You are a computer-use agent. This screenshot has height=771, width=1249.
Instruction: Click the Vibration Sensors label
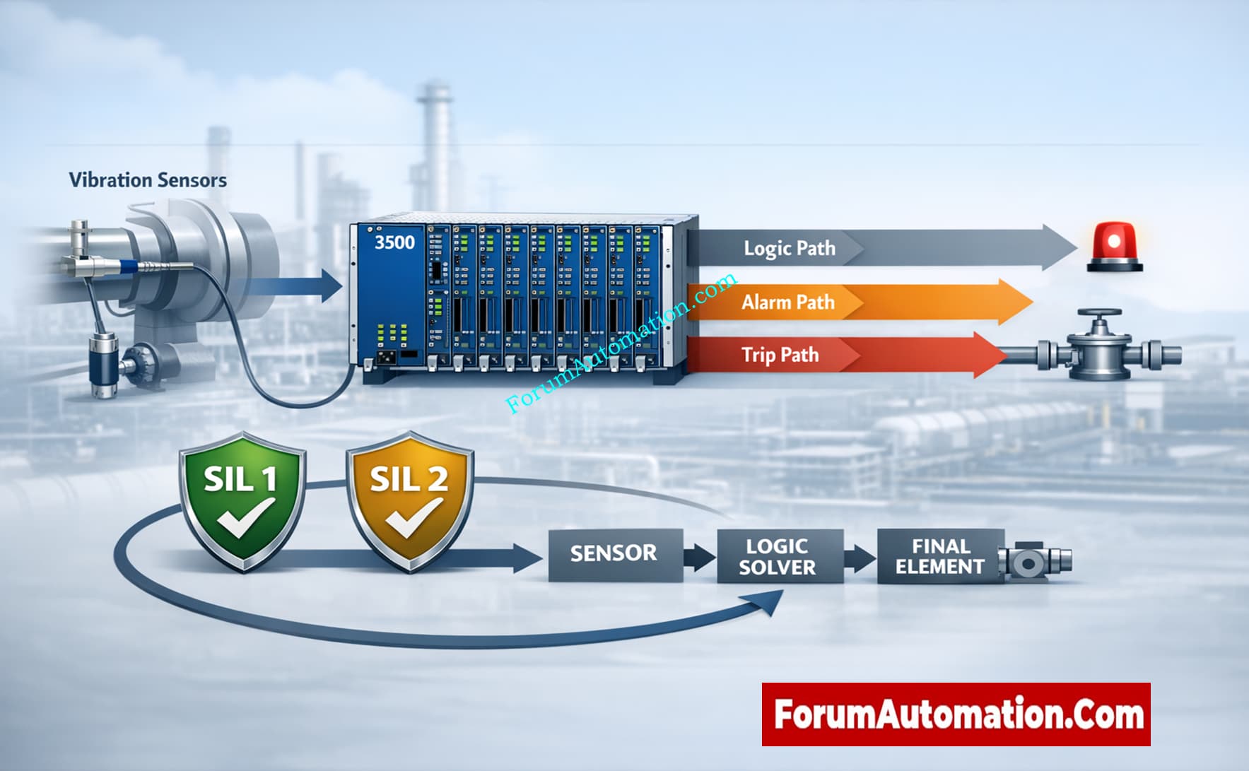pyautogui.click(x=148, y=180)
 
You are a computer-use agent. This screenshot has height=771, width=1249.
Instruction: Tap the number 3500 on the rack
pyautogui.click(x=394, y=242)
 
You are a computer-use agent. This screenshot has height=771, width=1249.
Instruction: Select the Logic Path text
pyautogui.click(x=789, y=249)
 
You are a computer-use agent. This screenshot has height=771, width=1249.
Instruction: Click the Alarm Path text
pyautogui.click(x=787, y=302)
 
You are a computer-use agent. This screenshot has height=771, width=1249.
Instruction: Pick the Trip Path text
pyautogui.click(x=780, y=355)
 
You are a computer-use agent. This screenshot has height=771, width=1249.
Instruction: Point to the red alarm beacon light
pyautogui.click(x=1114, y=247)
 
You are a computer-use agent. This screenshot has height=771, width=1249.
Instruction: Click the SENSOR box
pyautogui.click(x=614, y=553)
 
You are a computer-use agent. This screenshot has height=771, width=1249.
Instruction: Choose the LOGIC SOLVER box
pyautogui.click(x=778, y=557)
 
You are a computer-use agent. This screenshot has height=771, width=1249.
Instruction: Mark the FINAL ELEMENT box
pyautogui.click(x=939, y=557)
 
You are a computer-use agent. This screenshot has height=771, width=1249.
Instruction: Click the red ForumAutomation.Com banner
pyautogui.click(x=956, y=714)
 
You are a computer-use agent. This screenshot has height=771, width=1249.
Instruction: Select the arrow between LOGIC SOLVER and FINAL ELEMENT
pyautogui.click(x=860, y=558)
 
